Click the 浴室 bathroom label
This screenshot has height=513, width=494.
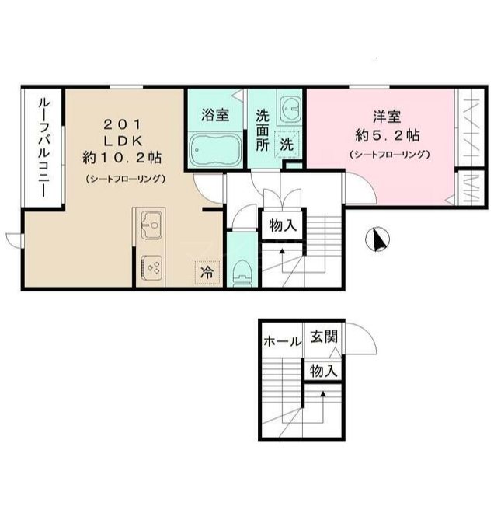(214, 116)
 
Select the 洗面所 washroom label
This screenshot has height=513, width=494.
(263, 130)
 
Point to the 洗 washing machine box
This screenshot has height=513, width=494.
(287, 144)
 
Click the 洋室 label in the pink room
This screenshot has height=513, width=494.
(384, 117)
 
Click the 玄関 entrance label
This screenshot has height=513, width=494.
(324, 337)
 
